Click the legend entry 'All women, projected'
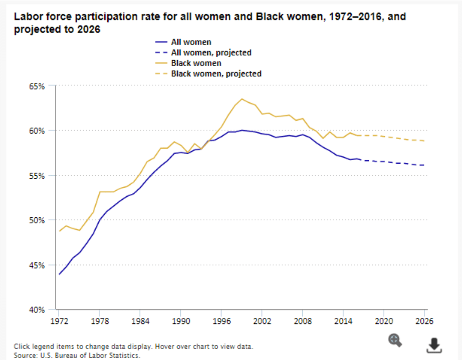click(x=211, y=53)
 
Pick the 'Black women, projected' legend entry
click(x=216, y=74)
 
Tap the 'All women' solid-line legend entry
click(x=191, y=42)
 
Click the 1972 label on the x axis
click(x=59, y=321)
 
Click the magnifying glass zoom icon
click(x=395, y=340)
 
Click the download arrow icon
click(x=434, y=344)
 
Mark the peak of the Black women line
click(x=242, y=99)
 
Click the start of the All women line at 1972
click(x=59, y=274)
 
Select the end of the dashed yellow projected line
click(x=425, y=141)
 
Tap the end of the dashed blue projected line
click(x=425, y=165)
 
